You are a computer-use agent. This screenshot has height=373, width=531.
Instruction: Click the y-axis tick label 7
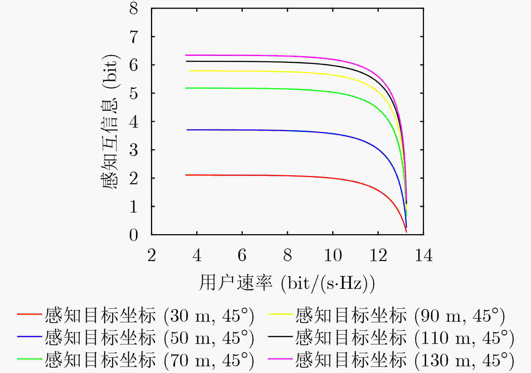[134, 37]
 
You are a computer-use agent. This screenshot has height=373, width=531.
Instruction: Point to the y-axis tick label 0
[134, 235]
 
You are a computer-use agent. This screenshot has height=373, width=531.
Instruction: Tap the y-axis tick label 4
[134, 122]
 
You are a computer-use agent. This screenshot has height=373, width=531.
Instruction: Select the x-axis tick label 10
[333, 255]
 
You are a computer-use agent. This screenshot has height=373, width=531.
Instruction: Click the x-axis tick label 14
[424, 255]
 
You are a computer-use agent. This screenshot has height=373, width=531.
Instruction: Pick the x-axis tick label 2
[152, 255]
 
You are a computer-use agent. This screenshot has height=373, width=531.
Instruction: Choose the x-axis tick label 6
[242, 255]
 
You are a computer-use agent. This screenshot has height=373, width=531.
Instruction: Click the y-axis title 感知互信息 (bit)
[110, 122]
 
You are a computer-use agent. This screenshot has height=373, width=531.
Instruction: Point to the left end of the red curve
[186, 175]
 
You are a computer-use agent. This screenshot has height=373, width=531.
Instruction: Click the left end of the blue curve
[187, 130]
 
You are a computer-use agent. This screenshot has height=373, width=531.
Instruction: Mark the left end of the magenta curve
[185, 55]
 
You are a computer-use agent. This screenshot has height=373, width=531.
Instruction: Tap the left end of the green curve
[185, 88]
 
